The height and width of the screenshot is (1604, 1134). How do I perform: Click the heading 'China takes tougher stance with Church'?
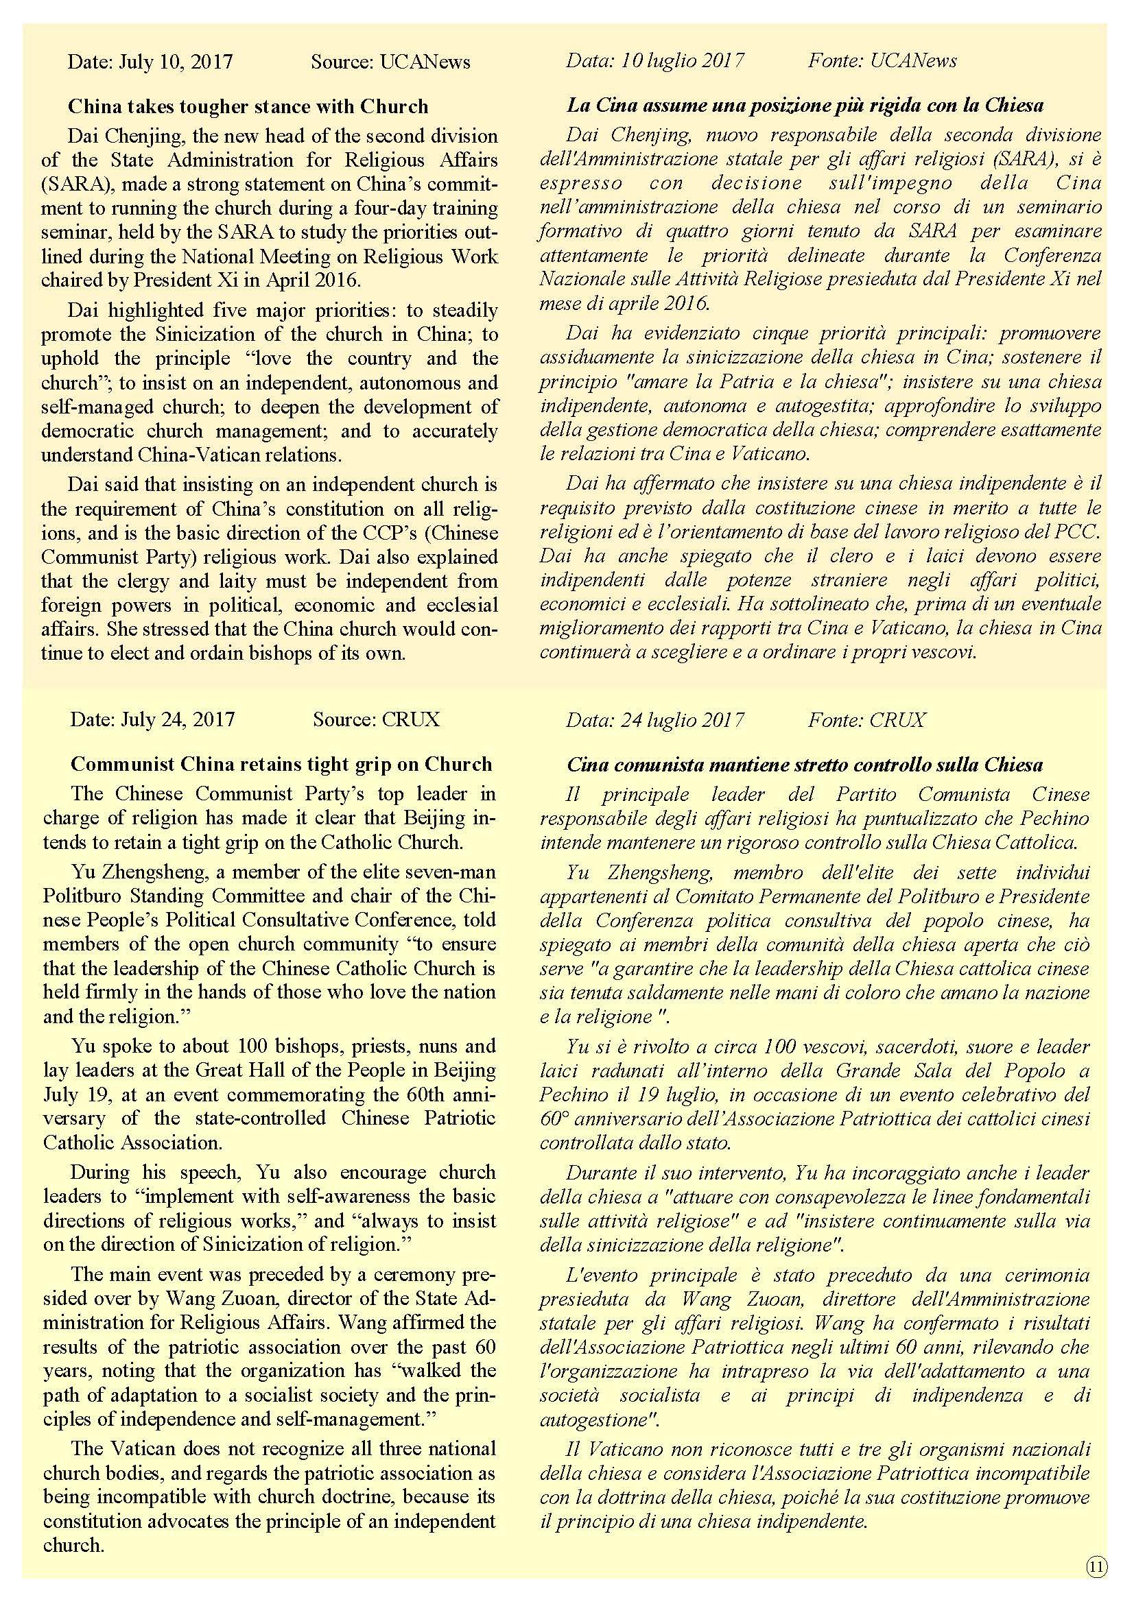[x=248, y=106]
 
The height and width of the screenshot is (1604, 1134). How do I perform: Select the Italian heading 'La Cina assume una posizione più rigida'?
[x=805, y=106]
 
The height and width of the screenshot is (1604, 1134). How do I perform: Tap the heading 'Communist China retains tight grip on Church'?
[x=281, y=763]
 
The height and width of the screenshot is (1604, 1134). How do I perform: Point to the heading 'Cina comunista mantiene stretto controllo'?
[x=805, y=764]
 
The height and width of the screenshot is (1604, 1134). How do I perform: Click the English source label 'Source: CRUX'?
[x=376, y=719]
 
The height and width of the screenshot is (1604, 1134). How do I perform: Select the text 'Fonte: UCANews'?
[x=882, y=61]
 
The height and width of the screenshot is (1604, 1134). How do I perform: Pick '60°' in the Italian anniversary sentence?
[x=554, y=1119]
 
